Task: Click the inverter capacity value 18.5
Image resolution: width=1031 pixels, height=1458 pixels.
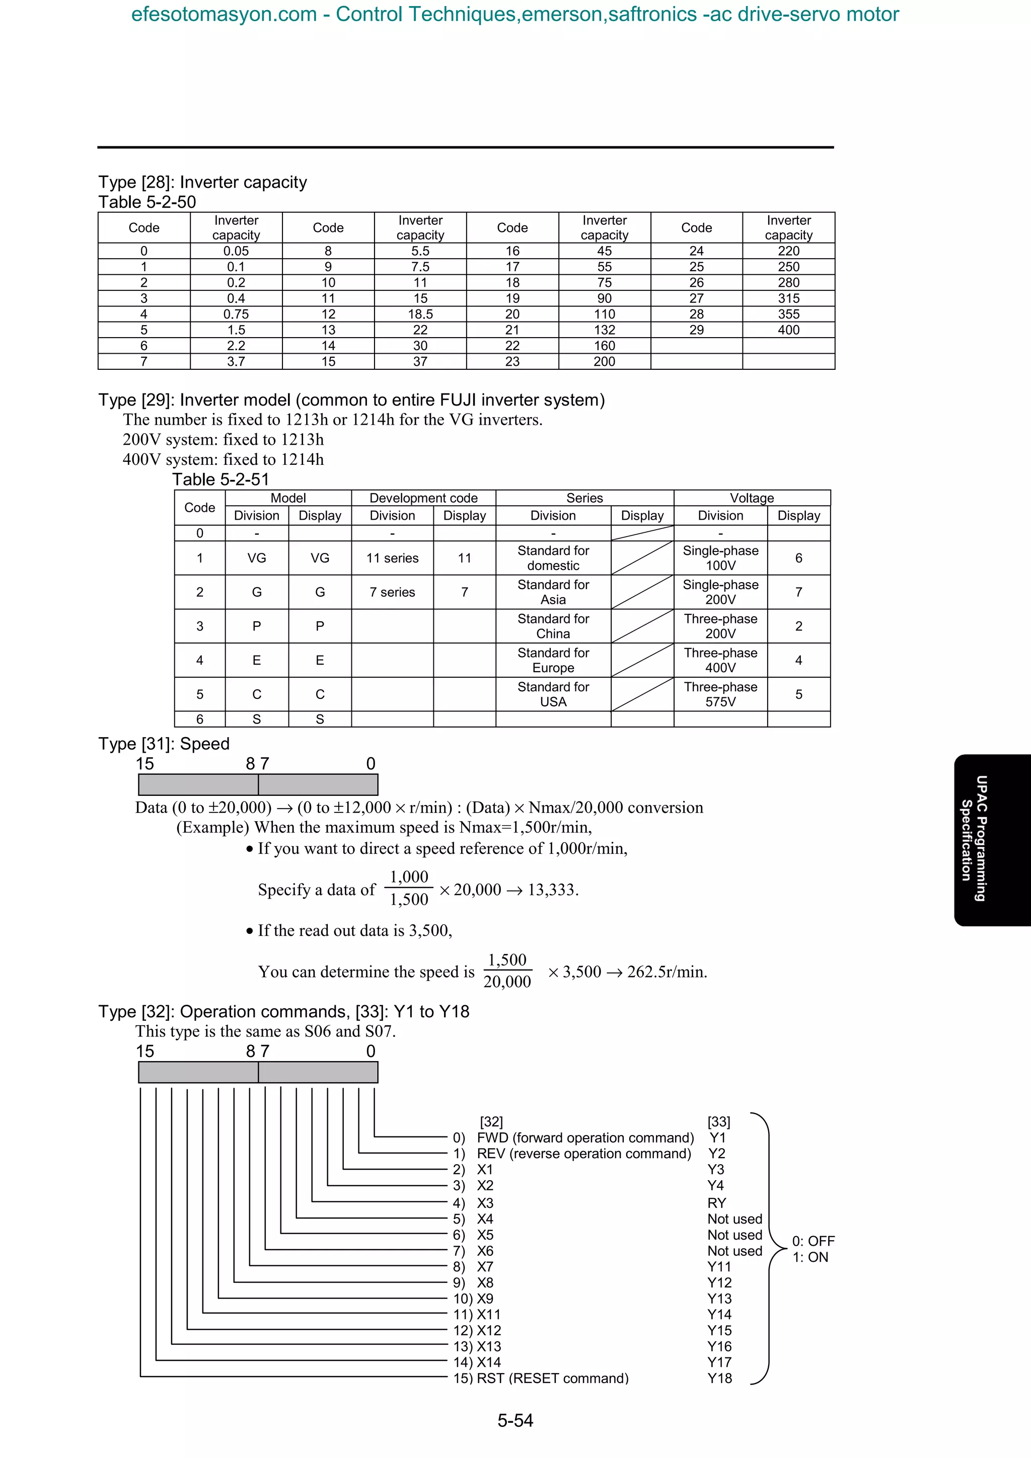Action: pyautogui.click(x=420, y=314)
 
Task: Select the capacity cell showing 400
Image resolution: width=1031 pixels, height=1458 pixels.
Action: pyautogui.click(x=788, y=330)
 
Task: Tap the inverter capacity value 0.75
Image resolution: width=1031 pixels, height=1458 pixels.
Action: pyautogui.click(x=236, y=314)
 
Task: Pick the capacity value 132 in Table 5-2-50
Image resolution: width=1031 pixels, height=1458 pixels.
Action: pyautogui.click(x=604, y=330)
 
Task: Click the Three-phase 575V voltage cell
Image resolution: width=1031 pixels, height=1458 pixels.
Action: pyautogui.click(x=720, y=694)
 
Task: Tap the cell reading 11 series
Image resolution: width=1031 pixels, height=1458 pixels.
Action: pyautogui.click(x=392, y=558)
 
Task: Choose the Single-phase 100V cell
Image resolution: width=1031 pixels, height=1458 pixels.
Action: pyautogui.click(x=720, y=557)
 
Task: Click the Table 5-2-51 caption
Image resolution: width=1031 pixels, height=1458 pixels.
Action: pyautogui.click(x=220, y=479)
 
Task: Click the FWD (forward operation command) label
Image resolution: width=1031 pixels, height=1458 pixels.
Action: pyautogui.click(x=585, y=1138)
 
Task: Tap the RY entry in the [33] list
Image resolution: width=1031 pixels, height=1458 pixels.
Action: pyautogui.click(x=716, y=1203)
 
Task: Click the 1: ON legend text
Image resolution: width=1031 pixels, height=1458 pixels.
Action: pyautogui.click(x=810, y=1257)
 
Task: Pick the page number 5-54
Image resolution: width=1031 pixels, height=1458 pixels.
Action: pyautogui.click(x=515, y=1421)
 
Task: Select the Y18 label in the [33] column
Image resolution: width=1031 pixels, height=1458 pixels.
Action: pyautogui.click(x=720, y=1378)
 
